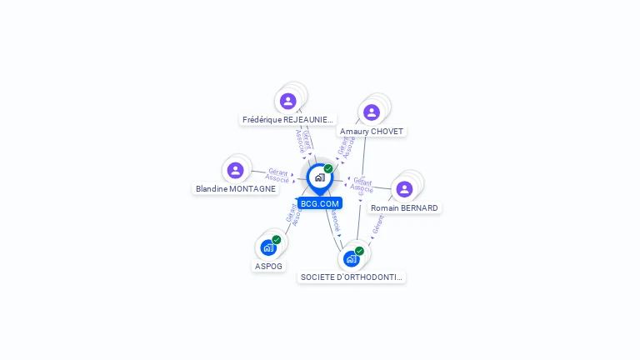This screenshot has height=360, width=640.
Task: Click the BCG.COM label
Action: (320, 203)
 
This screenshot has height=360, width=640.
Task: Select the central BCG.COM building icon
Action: (319, 177)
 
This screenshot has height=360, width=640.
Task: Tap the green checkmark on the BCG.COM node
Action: (328, 168)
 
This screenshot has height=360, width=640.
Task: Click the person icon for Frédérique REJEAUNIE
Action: (288, 101)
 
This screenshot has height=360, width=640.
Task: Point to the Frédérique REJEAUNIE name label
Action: (287, 119)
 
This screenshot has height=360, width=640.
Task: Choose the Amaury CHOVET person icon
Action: (372, 112)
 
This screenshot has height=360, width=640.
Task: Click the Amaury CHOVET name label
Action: (372, 131)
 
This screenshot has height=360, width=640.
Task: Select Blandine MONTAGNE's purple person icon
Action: (236, 170)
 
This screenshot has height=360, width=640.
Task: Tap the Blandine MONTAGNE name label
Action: (236, 188)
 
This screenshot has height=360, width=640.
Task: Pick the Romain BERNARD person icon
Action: (404, 189)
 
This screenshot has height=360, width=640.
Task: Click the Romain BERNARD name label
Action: (404, 207)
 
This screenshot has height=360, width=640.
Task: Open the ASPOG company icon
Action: (267, 247)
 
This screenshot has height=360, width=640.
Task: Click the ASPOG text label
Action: (268, 266)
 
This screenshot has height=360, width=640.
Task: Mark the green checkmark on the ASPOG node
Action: (277, 240)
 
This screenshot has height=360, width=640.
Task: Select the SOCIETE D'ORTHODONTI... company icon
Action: (351, 258)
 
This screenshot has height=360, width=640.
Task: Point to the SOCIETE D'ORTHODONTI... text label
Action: (352, 277)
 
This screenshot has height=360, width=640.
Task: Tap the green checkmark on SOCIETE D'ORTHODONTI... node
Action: (359, 251)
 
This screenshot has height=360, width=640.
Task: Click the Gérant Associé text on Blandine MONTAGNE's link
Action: (277, 175)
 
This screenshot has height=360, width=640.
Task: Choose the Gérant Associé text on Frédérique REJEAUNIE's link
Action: (304, 140)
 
